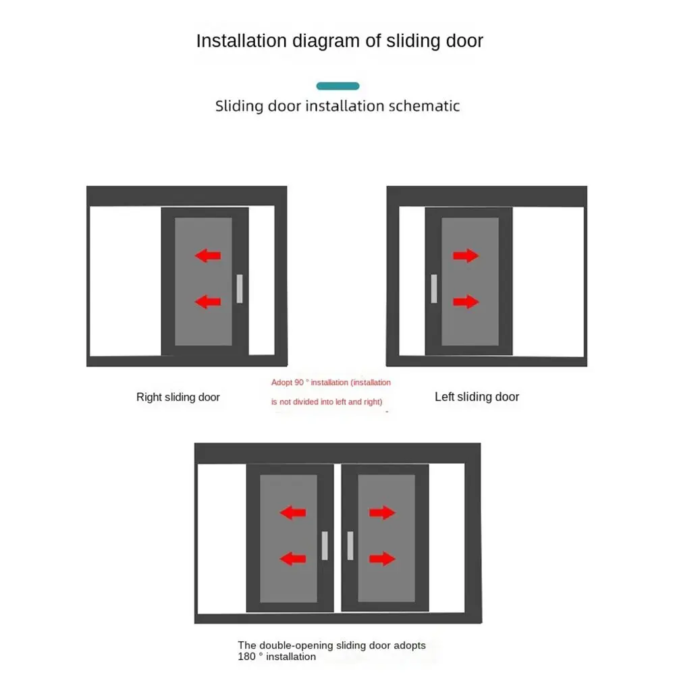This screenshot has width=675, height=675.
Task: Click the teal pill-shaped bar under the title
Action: (x=337, y=86)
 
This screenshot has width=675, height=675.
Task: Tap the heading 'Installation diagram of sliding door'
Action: (x=340, y=40)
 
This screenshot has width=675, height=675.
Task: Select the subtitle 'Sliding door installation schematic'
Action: (x=337, y=106)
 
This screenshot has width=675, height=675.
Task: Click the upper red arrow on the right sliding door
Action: (x=208, y=255)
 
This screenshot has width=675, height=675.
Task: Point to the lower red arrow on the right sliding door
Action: (x=208, y=302)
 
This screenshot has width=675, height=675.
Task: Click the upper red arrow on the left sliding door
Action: (x=466, y=255)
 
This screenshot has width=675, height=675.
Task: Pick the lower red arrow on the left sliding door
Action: (x=466, y=302)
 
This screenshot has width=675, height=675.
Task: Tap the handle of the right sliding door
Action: (x=239, y=289)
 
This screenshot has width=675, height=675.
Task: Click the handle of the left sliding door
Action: (x=434, y=289)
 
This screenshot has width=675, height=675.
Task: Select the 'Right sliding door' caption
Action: (x=178, y=397)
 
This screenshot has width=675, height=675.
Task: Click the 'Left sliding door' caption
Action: (x=477, y=397)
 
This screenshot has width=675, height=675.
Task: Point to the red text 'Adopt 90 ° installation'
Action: (x=331, y=383)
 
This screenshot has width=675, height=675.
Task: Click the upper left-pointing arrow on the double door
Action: (x=293, y=513)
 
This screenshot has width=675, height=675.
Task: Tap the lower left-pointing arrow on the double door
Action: (x=293, y=559)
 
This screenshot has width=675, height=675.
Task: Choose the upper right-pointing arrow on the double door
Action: (x=382, y=513)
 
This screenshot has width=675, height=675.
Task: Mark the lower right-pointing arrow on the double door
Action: (x=382, y=559)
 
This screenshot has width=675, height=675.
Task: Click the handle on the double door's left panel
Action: (x=325, y=545)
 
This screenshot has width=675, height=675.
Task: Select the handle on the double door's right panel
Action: (x=350, y=545)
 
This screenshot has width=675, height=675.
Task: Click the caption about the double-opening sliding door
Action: (x=331, y=651)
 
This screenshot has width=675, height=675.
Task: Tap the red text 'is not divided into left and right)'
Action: (x=327, y=402)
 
